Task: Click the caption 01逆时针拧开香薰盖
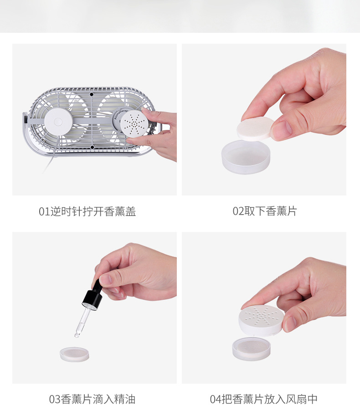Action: [87, 211]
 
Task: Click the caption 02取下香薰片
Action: [264, 211]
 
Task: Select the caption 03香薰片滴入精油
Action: [92, 400]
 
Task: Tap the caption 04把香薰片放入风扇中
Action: [263, 400]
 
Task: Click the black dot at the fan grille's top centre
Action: [92, 94]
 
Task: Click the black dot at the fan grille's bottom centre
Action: [92, 147]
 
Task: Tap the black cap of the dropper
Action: [92, 298]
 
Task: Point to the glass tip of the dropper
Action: [77, 335]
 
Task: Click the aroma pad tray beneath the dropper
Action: [74, 354]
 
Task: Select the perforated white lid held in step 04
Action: [262, 320]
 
